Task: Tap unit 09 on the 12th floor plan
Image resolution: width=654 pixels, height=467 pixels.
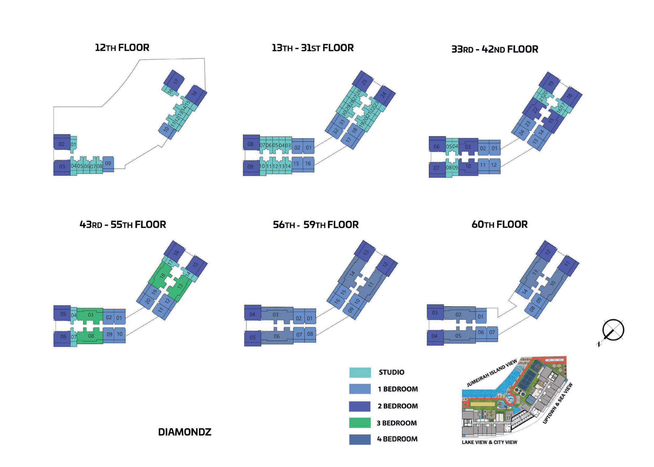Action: (108, 164)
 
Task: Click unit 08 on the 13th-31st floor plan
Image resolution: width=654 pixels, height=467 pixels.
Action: (250, 144)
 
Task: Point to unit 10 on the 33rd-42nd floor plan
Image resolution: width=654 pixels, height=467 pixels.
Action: (468, 166)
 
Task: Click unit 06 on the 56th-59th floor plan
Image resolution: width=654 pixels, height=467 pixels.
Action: (276, 336)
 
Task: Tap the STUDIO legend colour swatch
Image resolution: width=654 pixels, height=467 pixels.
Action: (360, 372)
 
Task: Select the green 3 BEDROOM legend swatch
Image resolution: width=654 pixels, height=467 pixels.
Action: (360, 423)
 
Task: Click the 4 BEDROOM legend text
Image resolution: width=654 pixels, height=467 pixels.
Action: (397, 439)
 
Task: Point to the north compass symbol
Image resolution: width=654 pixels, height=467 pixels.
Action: (613, 330)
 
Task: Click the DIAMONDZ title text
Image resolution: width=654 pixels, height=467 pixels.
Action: (185, 432)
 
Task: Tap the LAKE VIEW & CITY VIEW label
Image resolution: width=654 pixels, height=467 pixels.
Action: (489, 442)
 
